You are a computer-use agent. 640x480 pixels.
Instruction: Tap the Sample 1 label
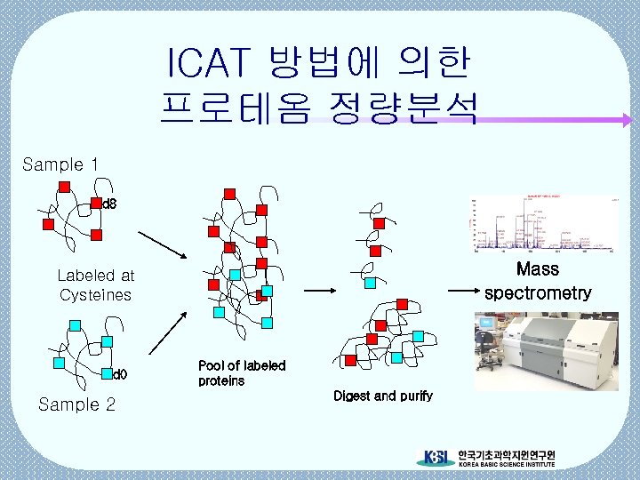60,164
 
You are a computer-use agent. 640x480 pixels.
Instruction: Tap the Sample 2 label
77,405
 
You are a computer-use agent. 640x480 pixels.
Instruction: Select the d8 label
109,204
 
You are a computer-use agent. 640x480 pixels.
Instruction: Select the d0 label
120,374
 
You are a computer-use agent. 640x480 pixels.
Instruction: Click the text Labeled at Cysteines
95,285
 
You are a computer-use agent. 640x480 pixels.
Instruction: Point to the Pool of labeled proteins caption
241,373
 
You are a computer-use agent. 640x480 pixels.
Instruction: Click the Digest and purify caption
383,396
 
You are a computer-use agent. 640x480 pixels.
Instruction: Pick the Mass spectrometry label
537,281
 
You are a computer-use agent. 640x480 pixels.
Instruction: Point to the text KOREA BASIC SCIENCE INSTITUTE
506,465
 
